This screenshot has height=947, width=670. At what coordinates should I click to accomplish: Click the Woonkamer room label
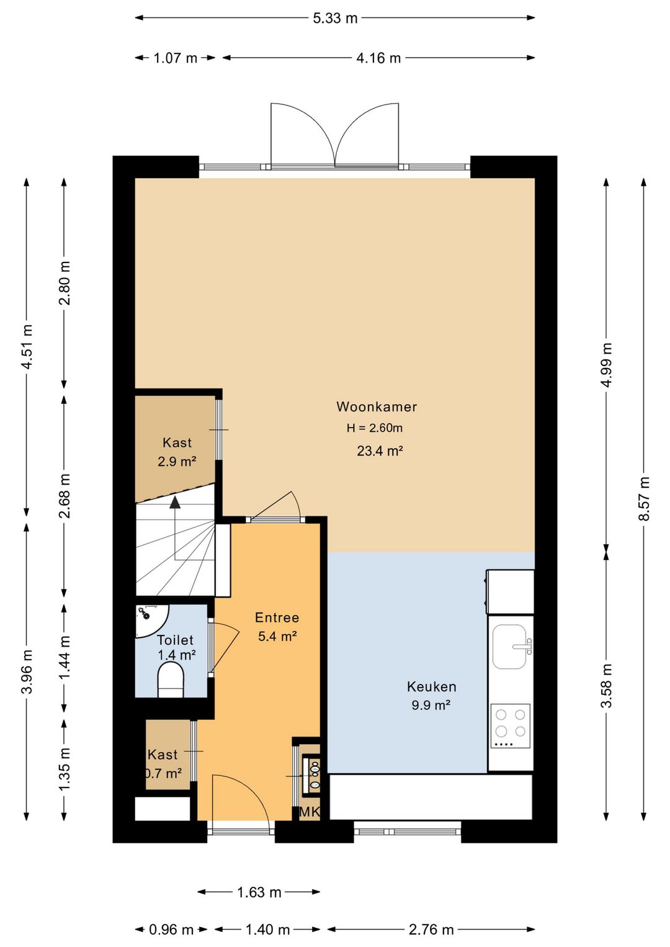tap(376, 406)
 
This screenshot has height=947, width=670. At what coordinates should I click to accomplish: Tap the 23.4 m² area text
tap(380, 451)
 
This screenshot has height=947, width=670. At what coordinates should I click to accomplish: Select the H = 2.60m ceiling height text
tap(375, 428)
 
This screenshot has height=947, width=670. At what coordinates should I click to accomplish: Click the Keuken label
tap(431, 686)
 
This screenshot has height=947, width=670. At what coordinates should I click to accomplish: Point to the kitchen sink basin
tap(510, 647)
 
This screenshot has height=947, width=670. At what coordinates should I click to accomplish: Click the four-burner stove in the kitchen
tap(510, 725)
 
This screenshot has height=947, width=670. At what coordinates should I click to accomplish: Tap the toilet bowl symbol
tap(171, 680)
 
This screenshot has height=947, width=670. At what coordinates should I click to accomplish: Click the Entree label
tap(277, 617)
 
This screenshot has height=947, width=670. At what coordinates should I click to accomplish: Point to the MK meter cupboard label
tap(309, 812)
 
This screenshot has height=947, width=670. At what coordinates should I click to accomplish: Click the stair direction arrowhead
tap(174, 502)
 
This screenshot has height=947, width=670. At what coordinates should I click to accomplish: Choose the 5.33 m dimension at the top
tap(335, 18)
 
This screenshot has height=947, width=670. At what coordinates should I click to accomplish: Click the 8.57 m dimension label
tap(643, 498)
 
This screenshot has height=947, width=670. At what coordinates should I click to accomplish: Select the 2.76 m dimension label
tap(431, 930)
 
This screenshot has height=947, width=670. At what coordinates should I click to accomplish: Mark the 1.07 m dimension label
tap(175, 58)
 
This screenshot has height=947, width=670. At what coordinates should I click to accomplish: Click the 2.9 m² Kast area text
tap(177, 461)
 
